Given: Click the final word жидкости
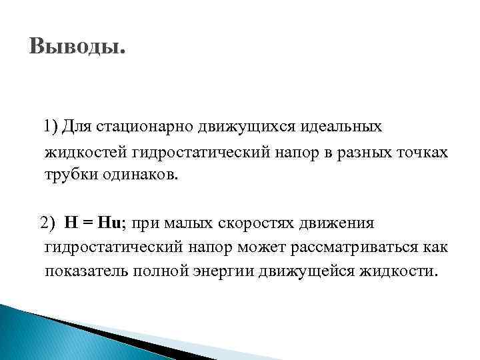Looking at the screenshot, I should (x=400, y=271).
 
